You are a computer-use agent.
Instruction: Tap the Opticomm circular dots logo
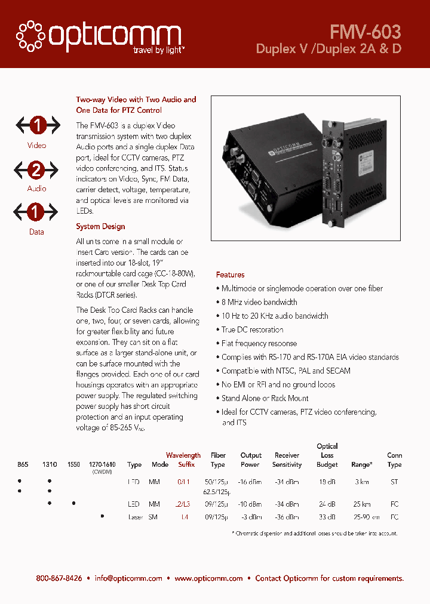pyautogui.click(x=29, y=36)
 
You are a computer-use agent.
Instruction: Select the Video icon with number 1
pyautogui.click(x=36, y=125)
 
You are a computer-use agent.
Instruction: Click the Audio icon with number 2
pyautogui.click(x=36, y=170)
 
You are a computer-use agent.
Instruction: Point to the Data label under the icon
pyautogui.click(x=36, y=232)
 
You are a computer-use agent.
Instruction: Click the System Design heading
pyautogui.click(x=100, y=227)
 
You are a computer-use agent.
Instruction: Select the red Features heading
pyautogui.click(x=230, y=275)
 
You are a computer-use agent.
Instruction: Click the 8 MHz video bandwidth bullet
pyautogui.click(x=259, y=303)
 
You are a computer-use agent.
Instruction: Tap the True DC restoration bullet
pyautogui.click(x=252, y=330)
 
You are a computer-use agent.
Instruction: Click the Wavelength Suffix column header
pyautogui.click(x=183, y=460)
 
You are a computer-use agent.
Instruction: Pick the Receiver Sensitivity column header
pyautogui.click(x=287, y=460)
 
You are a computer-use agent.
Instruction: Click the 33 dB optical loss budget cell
pyautogui.click(x=327, y=517)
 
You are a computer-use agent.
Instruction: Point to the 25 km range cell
pyautogui.click(x=361, y=505)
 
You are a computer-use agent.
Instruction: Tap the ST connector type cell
pyautogui.click(x=394, y=482)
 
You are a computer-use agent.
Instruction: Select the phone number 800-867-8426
pyautogui.click(x=59, y=578)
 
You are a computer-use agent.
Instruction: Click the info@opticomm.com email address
pyautogui.click(x=128, y=578)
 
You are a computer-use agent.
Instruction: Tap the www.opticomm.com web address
pyautogui.click(x=208, y=578)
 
